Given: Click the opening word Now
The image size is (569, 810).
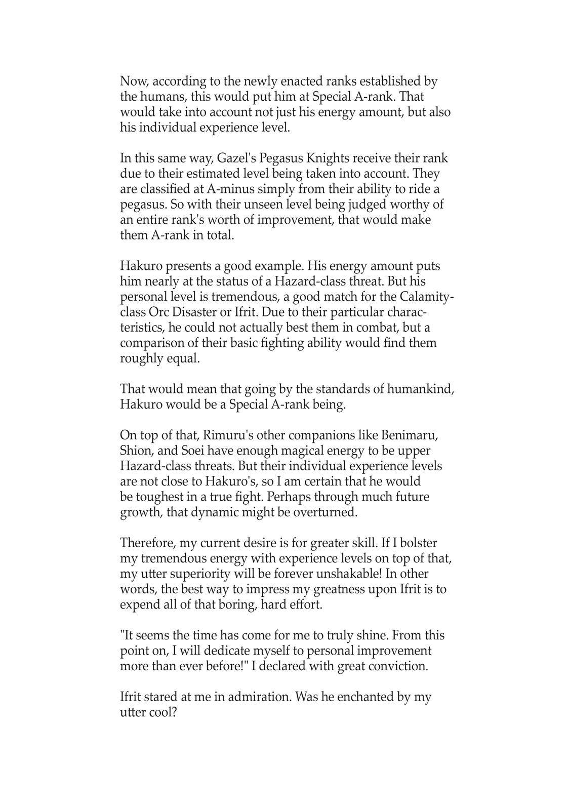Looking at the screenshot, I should [x=133, y=81].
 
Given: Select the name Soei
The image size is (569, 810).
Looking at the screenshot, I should [x=209, y=451].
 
